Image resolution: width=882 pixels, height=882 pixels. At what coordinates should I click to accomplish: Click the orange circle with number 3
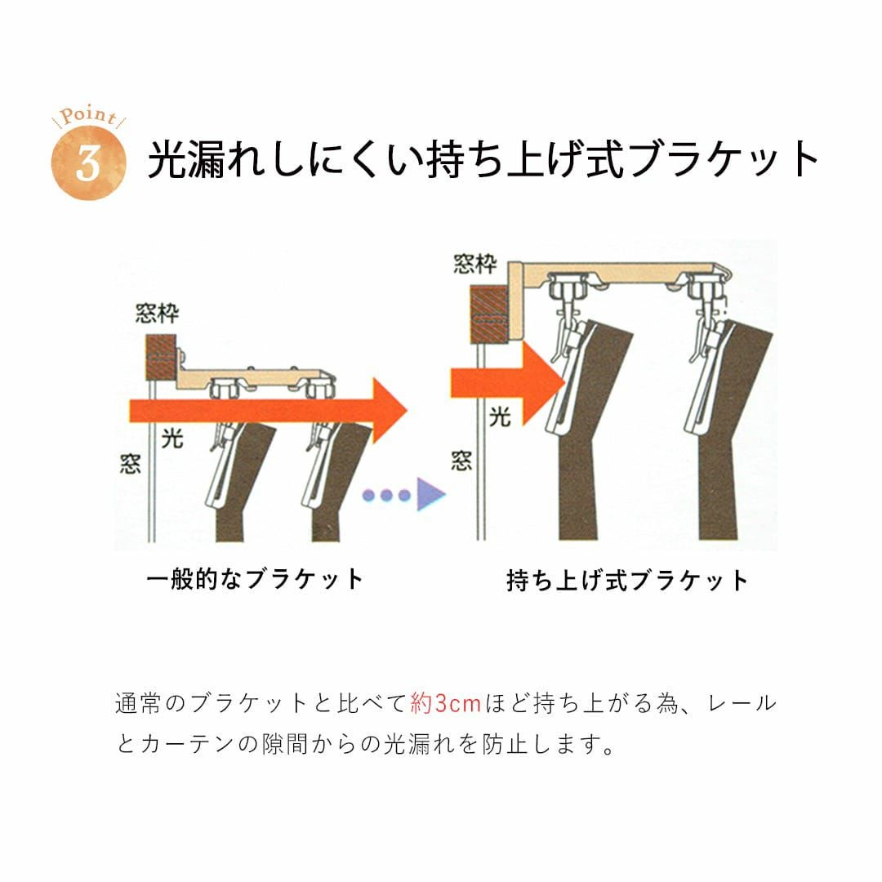(88, 163)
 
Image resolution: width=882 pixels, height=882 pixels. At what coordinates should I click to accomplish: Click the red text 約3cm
(446, 703)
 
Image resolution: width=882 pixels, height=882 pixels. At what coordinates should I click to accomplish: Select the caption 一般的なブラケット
(255, 579)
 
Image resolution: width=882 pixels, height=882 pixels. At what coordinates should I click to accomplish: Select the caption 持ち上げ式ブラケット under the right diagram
(626, 580)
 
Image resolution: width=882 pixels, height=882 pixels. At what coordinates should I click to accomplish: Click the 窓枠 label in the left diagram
(158, 314)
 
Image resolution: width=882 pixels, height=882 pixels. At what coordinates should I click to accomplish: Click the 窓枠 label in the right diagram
(475, 264)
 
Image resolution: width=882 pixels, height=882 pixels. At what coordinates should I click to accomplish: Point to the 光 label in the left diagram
(172, 439)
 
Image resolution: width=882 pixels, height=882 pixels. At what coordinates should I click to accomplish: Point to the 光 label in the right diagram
(500, 416)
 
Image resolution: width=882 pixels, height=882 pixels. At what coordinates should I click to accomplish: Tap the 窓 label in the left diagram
(130, 464)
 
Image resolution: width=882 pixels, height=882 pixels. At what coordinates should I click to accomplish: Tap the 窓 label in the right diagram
(461, 461)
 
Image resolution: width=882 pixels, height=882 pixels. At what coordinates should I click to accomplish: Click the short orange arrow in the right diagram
(507, 382)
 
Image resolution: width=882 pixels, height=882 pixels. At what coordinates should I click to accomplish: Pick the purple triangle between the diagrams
(431, 494)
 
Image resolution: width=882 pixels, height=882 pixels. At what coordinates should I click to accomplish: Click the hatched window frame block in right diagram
(488, 314)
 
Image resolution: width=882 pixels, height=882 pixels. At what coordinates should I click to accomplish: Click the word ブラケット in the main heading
(725, 160)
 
